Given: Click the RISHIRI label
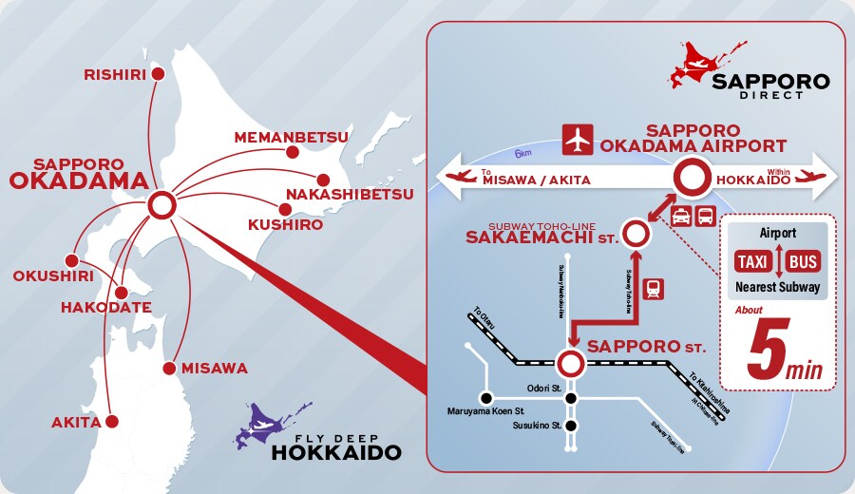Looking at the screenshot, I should (117, 73).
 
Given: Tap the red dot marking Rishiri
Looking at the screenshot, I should (159, 73).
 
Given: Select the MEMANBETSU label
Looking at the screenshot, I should (291, 137).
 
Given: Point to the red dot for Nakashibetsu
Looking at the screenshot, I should (324, 179).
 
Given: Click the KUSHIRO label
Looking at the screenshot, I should (285, 225).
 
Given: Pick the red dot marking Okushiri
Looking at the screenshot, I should (70, 260).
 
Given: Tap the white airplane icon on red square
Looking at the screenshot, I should (577, 139).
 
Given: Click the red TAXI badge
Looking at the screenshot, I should (756, 260).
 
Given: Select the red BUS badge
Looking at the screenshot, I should (803, 260).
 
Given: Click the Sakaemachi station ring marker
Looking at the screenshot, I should (636, 232).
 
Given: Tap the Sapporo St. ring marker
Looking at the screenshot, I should (570, 362).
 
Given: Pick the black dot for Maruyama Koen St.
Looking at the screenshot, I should (486, 398).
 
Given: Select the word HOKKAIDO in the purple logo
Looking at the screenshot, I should (335, 452).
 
